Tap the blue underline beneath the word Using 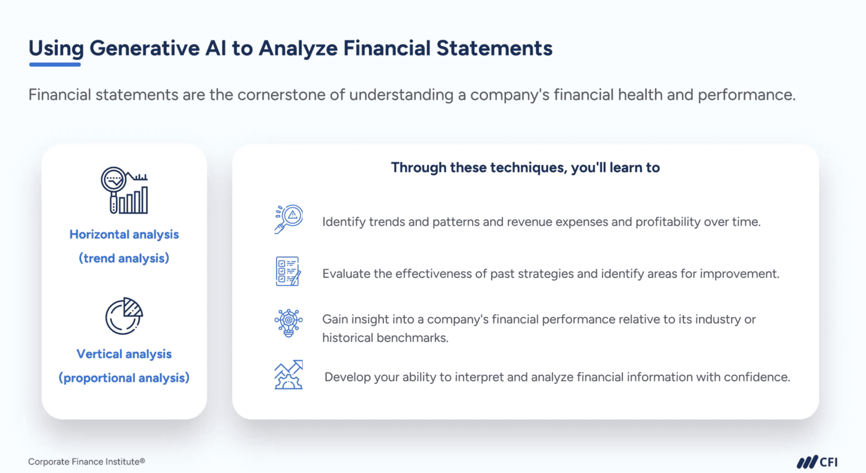click(x=55, y=65)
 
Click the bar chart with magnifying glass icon click(x=125, y=190)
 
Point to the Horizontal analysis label click(x=124, y=234)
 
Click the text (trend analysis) click(x=124, y=258)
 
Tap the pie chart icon click(x=124, y=316)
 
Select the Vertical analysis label click(x=124, y=354)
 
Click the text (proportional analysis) click(x=124, y=378)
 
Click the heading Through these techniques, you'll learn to click(x=525, y=168)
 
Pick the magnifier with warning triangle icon click(x=289, y=219)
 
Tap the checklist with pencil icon click(x=288, y=271)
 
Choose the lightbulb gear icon click(x=288, y=323)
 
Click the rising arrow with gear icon click(x=289, y=375)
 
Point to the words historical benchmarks click(x=385, y=338)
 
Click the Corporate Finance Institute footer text click(x=86, y=462)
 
